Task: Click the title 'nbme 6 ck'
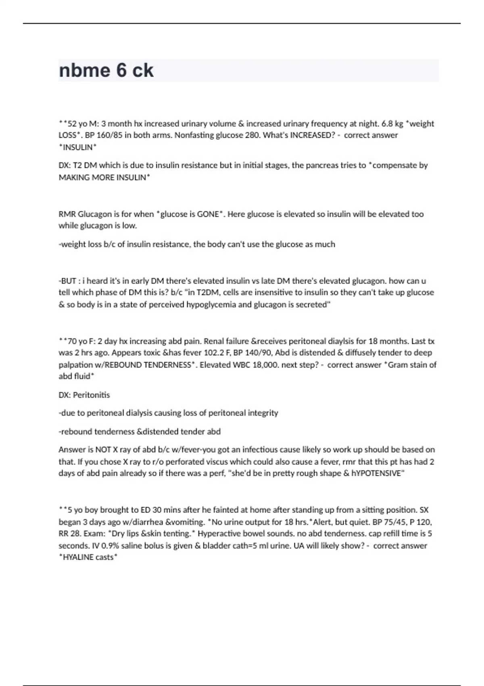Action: point(106,71)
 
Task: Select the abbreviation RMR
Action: point(67,214)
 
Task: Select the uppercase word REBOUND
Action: point(122,365)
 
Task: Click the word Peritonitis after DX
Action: point(91,395)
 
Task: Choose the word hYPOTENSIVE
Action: point(377,473)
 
